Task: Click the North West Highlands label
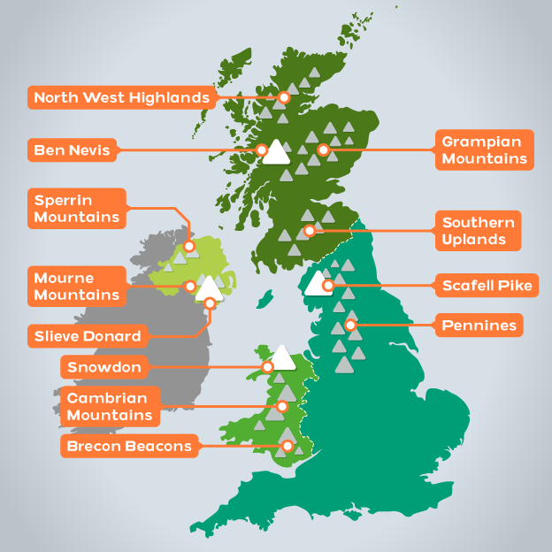tap(122, 96)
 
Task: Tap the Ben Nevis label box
tap(73, 150)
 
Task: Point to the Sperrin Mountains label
tap(77, 208)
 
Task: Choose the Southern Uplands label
tap(479, 231)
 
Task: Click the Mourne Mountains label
tap(76, 286)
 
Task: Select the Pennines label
tap(479, 326)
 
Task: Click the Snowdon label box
tap(104, 366)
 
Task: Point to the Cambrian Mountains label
tap(110, 406)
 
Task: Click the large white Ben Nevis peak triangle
tap(277, 152)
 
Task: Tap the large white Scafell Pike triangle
tap(316, 283)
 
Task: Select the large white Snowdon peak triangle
tap(282, 357)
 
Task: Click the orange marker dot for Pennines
tap(351, 326)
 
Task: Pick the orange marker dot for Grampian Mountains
tap(323, 149)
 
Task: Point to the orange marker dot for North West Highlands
tap(284, 97)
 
